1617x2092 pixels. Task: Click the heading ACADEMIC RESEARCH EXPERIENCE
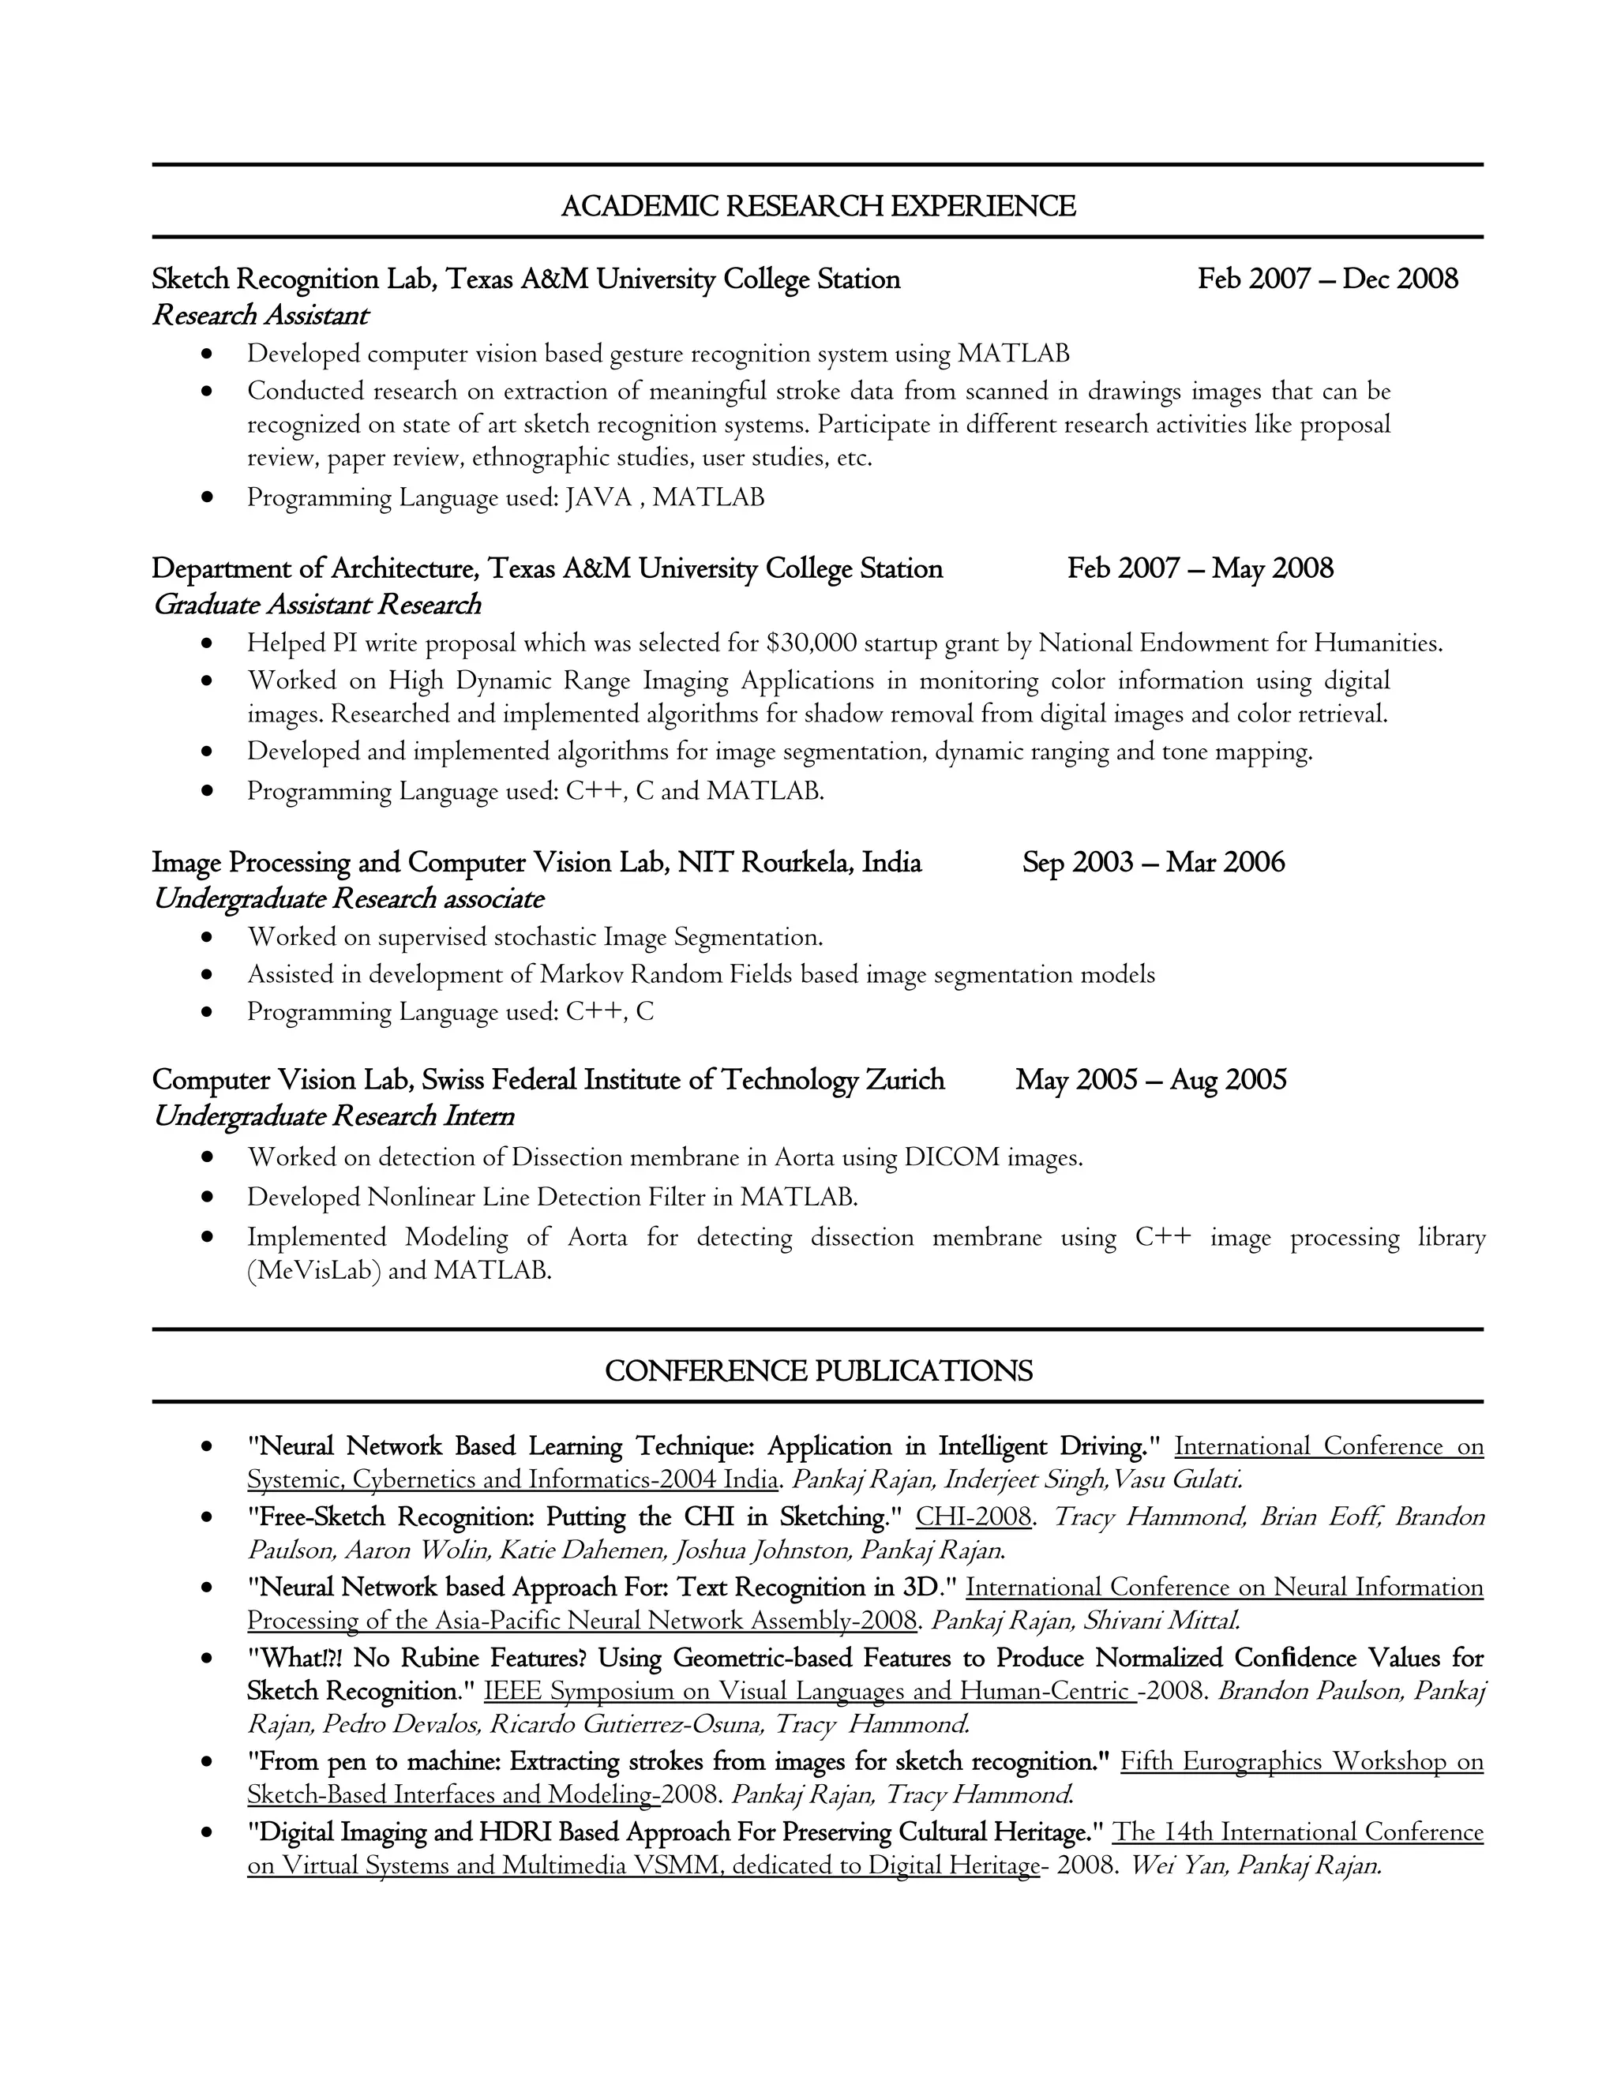[x=817, y=206]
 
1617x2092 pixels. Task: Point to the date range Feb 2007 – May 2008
[x=1199, y=568]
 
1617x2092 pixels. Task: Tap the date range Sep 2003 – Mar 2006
[x=1153, y=862]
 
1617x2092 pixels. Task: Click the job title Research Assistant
[x=260, y=315]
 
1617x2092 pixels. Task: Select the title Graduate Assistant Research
[x=316, y=605]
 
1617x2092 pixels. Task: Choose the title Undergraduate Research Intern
[x=333, y=1116]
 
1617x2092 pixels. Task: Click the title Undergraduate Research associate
[x=347, y=898]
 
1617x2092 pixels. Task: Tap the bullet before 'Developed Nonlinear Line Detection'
[x=207, y=1198]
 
